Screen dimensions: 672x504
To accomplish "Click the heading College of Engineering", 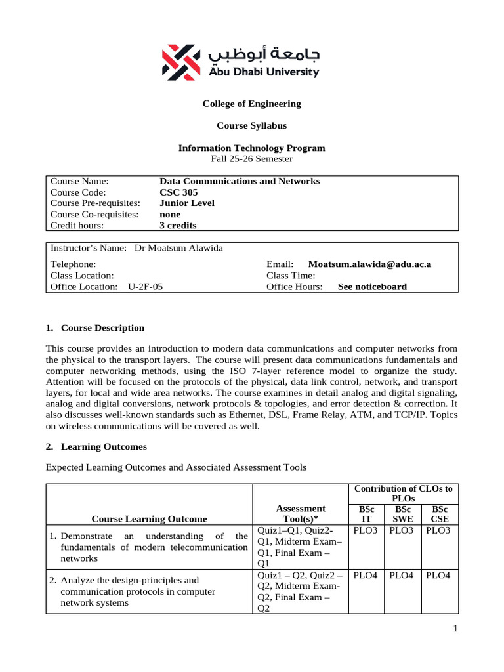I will click(x=251, y=104).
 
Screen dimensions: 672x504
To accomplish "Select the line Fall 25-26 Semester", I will click(x=251, y=159).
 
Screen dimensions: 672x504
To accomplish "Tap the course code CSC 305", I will click(x=178, y=192).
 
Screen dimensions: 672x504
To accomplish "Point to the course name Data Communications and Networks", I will click(x=240, y=181).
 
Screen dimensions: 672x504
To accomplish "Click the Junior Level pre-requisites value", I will click(x=187, y=203).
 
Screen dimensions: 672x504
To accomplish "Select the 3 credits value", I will click(x=178, y=226).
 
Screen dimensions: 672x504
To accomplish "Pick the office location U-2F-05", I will click(x=146, y=287).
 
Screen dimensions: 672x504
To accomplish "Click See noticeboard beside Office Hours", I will click(x=372, y=287).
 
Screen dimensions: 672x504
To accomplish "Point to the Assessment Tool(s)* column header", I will click(x=301, y=513).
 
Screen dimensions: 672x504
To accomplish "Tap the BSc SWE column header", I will click(x=402, y=513).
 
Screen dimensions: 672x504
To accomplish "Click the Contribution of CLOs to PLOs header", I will click(x=403, y=493).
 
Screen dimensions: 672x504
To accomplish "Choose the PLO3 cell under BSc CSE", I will click(x=438, y=530).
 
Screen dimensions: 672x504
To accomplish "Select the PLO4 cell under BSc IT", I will click(x=366, y=575).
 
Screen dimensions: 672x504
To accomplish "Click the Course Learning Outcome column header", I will click(x=149, y=518).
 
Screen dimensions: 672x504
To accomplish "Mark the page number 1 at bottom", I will click(x=454, y=629).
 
